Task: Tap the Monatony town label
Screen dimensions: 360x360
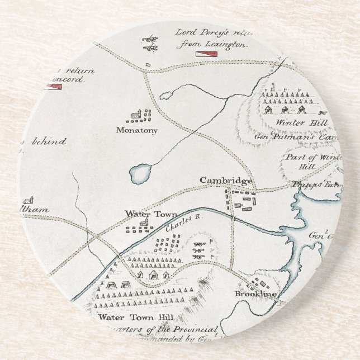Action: click(x=137, y=130)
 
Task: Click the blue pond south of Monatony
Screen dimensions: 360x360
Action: click(x=140, y=174)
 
